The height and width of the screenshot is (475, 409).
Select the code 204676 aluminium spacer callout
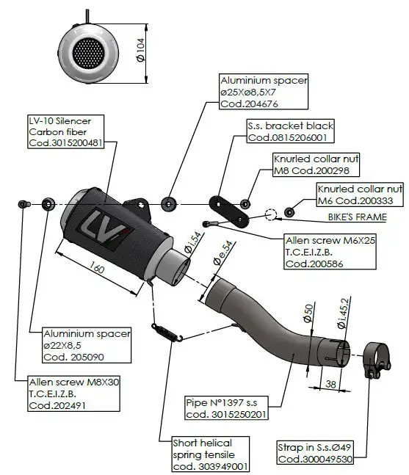coord(264,92)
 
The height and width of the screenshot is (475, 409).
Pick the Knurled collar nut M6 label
coord(359,195)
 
